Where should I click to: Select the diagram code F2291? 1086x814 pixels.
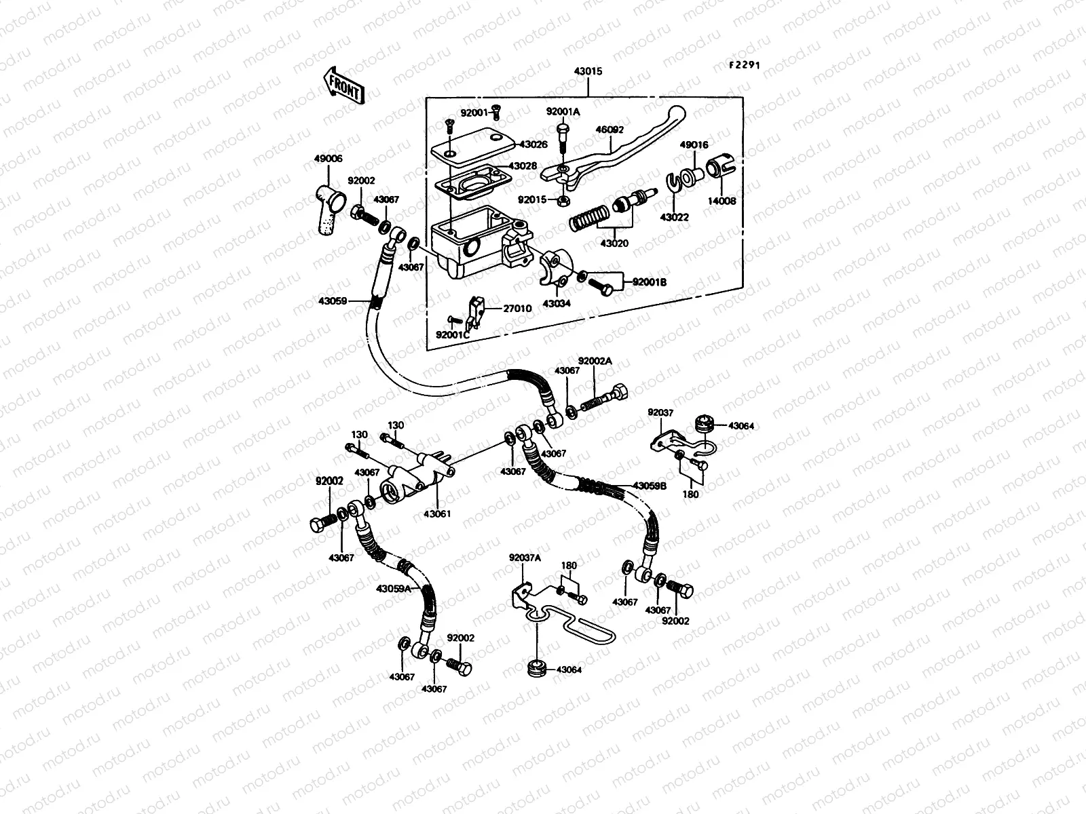(745, 65)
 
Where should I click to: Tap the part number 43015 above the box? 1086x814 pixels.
(588, 71)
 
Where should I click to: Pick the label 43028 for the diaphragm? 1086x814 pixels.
(523, 166)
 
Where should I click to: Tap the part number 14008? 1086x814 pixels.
(724, 201)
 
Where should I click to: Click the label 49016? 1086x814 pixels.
(694, 145)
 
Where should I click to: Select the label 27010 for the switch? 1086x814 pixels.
(517, 309)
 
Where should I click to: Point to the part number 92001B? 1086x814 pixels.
(650, 282)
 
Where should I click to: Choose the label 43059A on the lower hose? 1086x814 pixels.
(394, 589)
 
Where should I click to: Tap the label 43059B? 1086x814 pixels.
(650, 486)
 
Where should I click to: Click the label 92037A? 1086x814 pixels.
(525, 558)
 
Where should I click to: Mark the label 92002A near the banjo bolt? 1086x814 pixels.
(595, 362)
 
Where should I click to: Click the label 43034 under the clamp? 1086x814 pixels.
(557, 303)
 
